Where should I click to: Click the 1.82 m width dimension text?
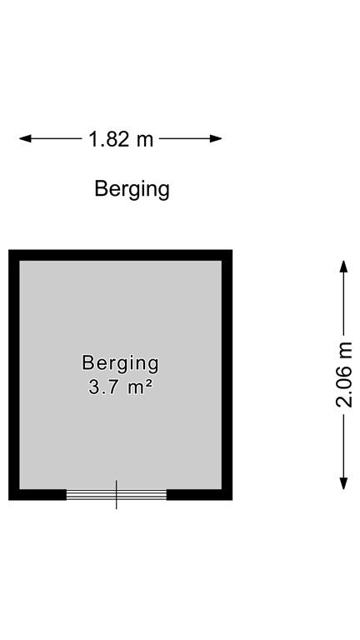pyautogui.click(x=121, y=139)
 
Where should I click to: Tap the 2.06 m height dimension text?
pyautogui.click(x=344, y=375)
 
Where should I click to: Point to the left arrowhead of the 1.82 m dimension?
pyautogui.click(x=25, y=139)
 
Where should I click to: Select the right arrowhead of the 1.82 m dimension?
pyautogui.click(x=216, y=139)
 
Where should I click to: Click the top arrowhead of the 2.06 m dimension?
pyautogui.click(x=343, y=267)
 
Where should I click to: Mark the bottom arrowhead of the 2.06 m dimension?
pyautogui.click(x=343, y=483)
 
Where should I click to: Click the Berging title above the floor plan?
pyautogui.click(x=132, y=190)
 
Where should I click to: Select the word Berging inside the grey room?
pyautogui.click(x=120, y=363)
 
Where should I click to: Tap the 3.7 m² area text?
pyautogui.click(x=120, y=387)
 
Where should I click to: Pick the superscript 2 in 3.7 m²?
pyautogui.click(x=149, y=382)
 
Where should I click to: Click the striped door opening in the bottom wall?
pyautogui.click(x=117, y=495)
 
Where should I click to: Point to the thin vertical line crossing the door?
pyautogui.click(x=117, y=495)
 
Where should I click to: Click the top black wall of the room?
pyautogui.click(x=120, y=255)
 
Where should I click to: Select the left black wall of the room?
pyautogui.click(x=14, y=375)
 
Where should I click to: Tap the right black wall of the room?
pyautogui.click(x=227, y=375)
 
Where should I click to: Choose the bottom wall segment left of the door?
pyautogui.click(x=37, y=495)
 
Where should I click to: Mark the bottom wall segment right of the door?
pyautogui.click(x=200, y=495)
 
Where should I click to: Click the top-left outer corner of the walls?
pyautogui.click(x=8, y=250)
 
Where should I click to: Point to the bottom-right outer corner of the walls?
pyautogui.click(x=232, y=500)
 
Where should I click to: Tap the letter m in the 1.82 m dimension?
pyautogui.click(x=146, y=141)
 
